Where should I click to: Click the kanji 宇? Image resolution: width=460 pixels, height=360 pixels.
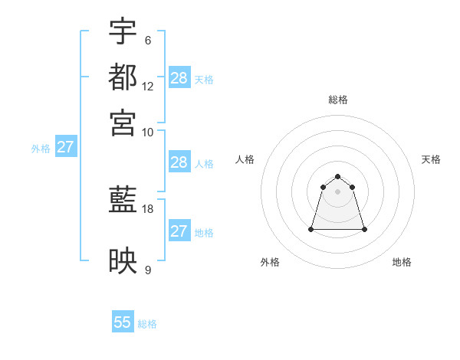point(123,31)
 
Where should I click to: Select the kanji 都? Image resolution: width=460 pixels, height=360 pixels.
point(123,77)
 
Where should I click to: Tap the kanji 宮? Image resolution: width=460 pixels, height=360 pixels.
point(123,122)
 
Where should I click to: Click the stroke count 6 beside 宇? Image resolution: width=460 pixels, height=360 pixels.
point(148,41)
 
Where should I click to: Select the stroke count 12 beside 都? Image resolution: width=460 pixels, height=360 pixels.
point(148,86)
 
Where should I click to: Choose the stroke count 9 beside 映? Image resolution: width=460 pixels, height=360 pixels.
point(148,270)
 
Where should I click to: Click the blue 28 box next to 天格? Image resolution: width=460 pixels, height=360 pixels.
point(179,78)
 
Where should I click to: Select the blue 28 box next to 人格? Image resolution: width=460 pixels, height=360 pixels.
point(179,162)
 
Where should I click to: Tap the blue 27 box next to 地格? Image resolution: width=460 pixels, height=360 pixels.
point(179,231)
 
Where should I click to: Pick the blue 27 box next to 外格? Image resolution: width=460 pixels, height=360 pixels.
point(65,147)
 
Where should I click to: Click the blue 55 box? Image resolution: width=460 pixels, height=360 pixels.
point(123,322)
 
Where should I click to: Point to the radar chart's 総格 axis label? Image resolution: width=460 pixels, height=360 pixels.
point(338,100)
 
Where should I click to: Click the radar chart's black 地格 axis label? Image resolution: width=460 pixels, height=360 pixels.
point(402,262)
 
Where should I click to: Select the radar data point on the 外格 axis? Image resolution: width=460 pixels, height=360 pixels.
point(311,229)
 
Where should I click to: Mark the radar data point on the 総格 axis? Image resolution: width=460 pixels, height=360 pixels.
point(338,176)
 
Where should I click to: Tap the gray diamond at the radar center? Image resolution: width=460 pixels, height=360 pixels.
point(338,191)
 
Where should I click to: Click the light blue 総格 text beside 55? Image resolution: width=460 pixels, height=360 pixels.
point(147,324)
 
